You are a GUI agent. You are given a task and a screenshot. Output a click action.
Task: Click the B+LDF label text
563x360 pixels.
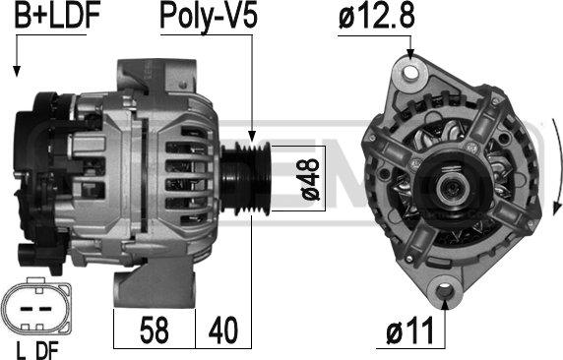tap(57, 17)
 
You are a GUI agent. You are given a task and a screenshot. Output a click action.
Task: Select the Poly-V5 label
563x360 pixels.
tap(209, 18)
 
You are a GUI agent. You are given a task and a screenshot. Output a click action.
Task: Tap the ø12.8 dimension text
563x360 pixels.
tap(376, 17)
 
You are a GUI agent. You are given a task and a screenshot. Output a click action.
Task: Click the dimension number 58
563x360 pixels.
tap(154, 330)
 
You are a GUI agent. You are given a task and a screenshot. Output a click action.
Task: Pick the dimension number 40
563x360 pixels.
tap(223, 330)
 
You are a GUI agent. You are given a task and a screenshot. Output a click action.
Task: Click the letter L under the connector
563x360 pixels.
tap(22, 351)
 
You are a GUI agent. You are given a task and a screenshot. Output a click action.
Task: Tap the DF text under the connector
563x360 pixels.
tap(47, 351)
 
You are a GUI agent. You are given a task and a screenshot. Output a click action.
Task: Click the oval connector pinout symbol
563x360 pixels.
tap(35, 308)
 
